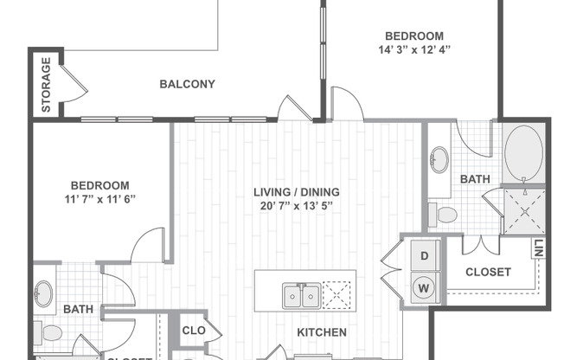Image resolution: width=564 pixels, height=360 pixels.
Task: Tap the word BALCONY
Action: (187, 85)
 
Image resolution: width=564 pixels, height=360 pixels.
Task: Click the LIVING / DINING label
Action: (296, 192)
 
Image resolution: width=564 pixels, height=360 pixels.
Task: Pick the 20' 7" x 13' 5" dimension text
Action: (296, 206)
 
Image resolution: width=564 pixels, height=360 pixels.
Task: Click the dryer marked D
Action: (425, 256)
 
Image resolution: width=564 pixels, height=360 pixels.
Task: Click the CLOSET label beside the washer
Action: (488, 272)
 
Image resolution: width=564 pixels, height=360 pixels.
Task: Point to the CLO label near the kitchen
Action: (193, 331)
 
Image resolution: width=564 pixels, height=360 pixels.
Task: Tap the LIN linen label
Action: (538, 249)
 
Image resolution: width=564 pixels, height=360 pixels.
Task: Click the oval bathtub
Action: (522, 153)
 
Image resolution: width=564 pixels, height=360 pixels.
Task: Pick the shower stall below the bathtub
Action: (522, 209)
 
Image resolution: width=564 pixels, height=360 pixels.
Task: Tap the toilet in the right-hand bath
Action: (445, 214)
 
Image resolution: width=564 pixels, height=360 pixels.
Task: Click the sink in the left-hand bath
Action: (44, 294)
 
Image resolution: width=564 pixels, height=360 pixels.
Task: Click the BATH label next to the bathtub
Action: (474, 179)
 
